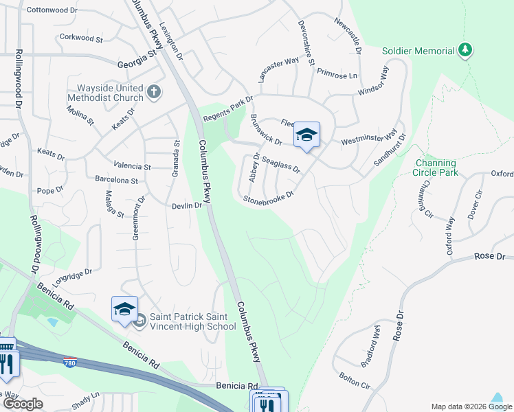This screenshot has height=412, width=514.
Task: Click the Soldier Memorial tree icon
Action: click(466, 50)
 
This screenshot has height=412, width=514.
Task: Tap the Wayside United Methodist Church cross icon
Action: click(154, 91)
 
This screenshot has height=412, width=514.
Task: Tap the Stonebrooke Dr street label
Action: click(269, 197)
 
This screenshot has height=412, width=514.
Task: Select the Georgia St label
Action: click(133, 62)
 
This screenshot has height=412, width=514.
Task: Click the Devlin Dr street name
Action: click(186, 205)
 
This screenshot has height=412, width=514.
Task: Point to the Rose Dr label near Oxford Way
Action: click(491, 256)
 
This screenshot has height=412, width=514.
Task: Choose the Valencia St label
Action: click(132, 166)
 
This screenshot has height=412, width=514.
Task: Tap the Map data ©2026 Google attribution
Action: click(471, 407)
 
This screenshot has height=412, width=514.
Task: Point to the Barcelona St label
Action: click(117, 181)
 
